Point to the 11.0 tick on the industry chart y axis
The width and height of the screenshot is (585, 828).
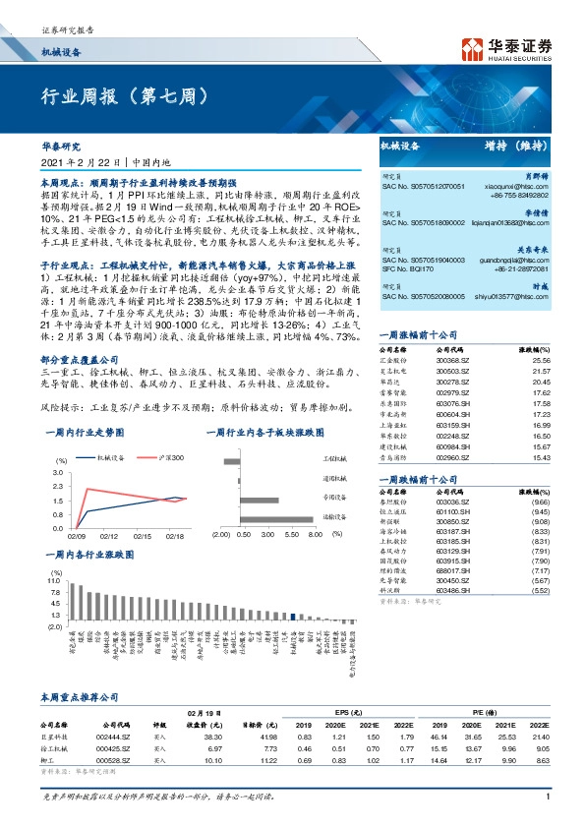pos(54,581)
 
